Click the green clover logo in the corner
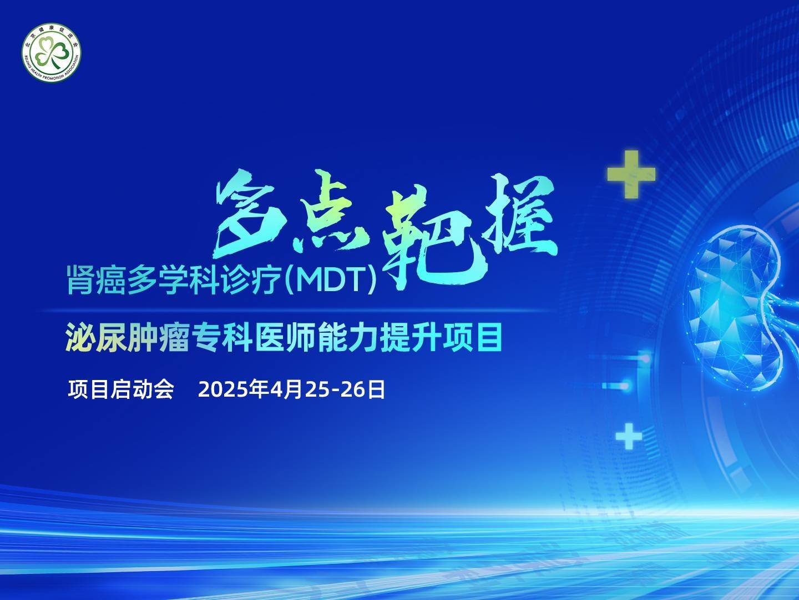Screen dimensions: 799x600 point(52,52)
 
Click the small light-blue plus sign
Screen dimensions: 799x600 point(629,436)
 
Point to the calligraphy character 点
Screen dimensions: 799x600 point(330,211)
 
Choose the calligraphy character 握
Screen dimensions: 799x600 point(520,216)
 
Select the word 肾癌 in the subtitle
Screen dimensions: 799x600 point(96,280)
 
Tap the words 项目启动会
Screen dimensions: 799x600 point(121,390)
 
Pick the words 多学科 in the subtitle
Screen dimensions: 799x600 point(173,280)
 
